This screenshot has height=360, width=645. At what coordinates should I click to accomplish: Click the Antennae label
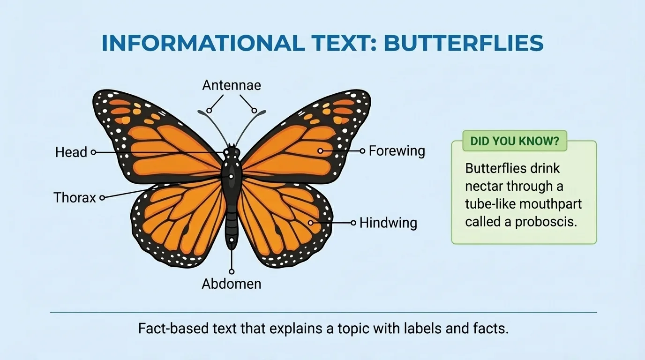click(x=232, y=85)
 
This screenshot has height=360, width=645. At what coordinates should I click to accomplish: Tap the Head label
click(x=71, y=152)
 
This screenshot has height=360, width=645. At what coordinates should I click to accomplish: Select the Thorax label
click(x=75, y=197)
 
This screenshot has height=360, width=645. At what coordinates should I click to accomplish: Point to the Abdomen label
click(x=232, y=284)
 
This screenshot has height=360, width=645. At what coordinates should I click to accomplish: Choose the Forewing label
click(x=397, y=151)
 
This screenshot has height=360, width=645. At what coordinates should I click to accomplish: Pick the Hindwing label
click(x=388, y=223)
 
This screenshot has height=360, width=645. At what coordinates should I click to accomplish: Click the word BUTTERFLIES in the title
click(x=464, y=44)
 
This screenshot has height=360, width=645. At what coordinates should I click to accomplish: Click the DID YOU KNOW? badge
click(x=515, y=141)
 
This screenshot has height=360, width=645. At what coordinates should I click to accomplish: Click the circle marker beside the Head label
click(x=93, y=152)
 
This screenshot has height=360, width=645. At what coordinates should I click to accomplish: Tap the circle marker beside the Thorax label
click(x=102, y=198)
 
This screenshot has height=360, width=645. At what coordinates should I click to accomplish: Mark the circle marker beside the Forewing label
click(x=362, y=151)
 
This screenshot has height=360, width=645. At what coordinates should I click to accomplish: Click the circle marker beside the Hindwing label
click(x=353, y=223)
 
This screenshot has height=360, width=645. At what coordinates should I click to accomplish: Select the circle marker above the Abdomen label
click(x=232, y=271)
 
